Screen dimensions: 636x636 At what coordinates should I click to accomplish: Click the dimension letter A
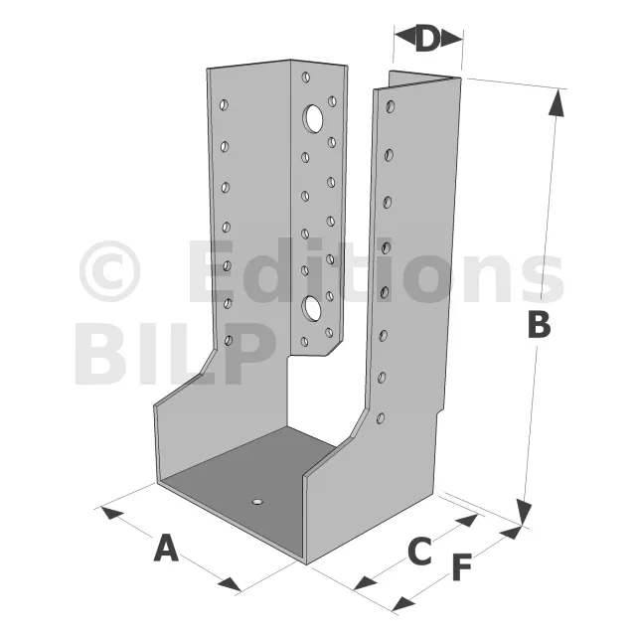pyautogui.click(x=166, y=548)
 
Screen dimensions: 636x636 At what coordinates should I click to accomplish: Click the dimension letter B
pyautogui.click(x=540, y=325)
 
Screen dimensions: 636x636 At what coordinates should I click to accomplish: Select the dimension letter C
pyautogui.click(x=419, y=552)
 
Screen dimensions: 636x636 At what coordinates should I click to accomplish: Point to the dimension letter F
pyautogui.click(x=462, y=567)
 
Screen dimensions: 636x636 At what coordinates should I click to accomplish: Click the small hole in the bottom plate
pyautogui.click(x=257, y=502)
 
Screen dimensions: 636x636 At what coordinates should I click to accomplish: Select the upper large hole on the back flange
pyautogui.click(x=313, y=118)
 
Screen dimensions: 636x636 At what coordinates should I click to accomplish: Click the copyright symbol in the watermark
pyautogui.click(x=109, y=271)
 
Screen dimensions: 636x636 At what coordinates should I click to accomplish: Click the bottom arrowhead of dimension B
pyautogui.click(x=525, y=513)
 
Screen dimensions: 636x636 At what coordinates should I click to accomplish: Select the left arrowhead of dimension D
pyautogui.click(x=405, y=38)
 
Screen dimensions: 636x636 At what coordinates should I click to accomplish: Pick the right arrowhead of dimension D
pyautogui.click(x=451, y=39)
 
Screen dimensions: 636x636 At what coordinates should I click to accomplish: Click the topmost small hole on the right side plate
pyautogui.click(x=391, y=106)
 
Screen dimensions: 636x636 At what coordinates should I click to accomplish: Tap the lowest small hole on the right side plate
pyautogui.click(x=381, y=418)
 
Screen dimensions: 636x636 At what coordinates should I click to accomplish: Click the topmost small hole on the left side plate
pyautogui.click(x=224, y=105)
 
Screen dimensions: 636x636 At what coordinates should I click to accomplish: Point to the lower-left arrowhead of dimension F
pyautogui.click(x=403, y=603)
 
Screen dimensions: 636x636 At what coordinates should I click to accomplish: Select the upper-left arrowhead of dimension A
pyautogui.click(x=112, y=512)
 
